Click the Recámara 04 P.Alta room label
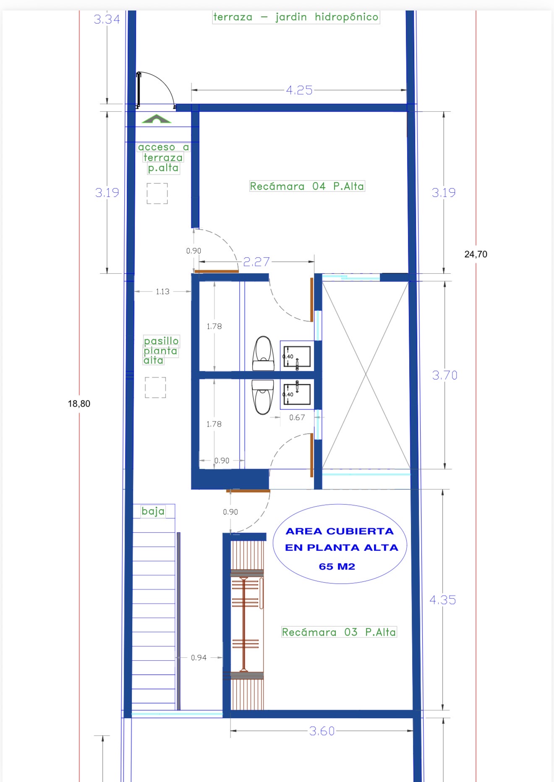(x=307, y=186)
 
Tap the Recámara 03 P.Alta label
(x=339, y=632)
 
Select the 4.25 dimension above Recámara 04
(x=299, y=90)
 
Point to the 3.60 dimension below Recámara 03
(x=322, y=731)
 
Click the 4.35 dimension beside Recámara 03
(x=443, y=600)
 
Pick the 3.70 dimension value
(x=445, y=375)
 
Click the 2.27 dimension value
(x=256, y=262)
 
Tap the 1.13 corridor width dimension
(x=162, y=291)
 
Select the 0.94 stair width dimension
(x=199, y=657)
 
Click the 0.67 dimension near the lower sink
(x=297, y=417)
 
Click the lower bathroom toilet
(x=263, y=397)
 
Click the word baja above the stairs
(x=153, y=511)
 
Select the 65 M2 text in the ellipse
(x=337, y=566)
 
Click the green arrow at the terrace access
(x=157, y=119)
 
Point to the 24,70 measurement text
(x=476, y=254)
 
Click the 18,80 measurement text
(x=79, y=403)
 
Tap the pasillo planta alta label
(x=161, y=350)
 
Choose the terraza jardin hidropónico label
(x=296, y=17)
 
